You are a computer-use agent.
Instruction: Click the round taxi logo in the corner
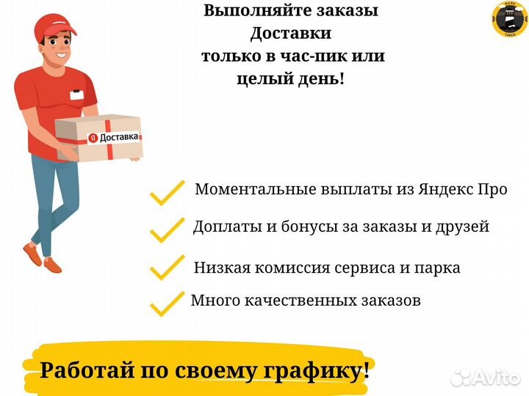click(510, 18)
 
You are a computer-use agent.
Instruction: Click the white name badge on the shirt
click(77, 95)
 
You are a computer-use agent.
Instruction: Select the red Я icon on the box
click(93, 138)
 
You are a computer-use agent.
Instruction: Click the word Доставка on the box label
click(119, 136)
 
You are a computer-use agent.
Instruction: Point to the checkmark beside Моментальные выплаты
click(167, 193)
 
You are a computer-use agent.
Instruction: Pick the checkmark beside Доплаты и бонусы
click(167, 230)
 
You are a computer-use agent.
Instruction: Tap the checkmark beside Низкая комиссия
click(167, 268)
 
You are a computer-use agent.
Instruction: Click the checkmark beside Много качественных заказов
click(167, 304)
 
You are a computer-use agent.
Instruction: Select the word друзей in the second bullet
click(463, 227)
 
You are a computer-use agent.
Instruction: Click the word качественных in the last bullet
click(300, 301)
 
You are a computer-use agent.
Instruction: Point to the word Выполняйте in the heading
click(259, 10)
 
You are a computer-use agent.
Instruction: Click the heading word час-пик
click(314, 56)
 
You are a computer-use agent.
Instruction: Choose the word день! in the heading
click(322, 78)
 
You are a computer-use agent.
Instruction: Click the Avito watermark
click(485, 378)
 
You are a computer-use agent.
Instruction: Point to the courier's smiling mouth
click(62, 54)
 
